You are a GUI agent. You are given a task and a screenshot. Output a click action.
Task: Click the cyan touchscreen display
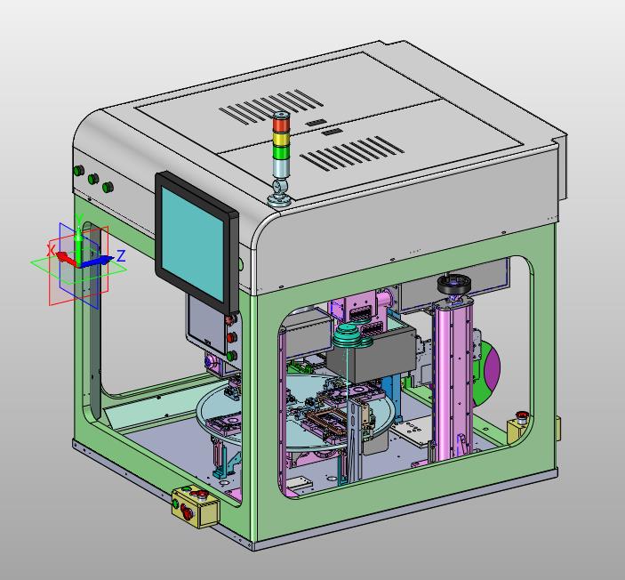tap(192, 244)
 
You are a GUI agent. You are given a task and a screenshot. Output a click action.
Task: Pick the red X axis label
tap(51, 251)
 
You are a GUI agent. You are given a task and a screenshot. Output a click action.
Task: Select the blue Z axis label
tap(121, 255)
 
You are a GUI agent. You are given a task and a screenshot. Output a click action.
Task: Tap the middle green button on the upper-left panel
tap(93, 178)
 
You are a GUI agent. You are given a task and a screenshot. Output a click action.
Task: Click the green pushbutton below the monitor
tap(231, 355)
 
